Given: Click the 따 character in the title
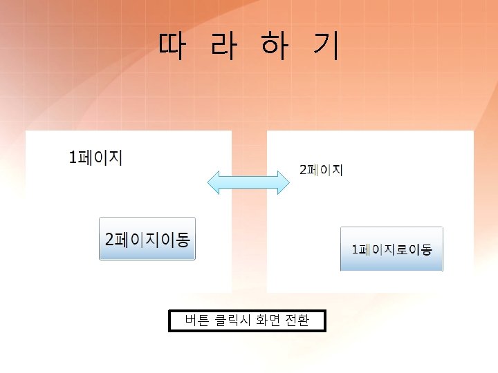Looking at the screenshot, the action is [x=171, y=46].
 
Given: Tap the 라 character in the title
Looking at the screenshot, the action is [x=223, y=46].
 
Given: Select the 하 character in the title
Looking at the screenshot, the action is [x=274, y=46].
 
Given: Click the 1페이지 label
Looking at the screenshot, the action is [x=95, y=157].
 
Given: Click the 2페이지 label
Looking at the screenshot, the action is [x=320, y=170].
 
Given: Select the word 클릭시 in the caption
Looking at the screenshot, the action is [x=232, y=321].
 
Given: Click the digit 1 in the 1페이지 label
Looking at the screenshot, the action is [x=73, y=158].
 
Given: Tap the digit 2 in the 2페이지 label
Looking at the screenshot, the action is [x=302, y=170].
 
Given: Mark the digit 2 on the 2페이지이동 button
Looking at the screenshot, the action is [x=109, y=240].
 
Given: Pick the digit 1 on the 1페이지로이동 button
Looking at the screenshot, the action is [x=355, y=249].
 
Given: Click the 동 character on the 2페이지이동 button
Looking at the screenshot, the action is [x=183, y=240].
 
